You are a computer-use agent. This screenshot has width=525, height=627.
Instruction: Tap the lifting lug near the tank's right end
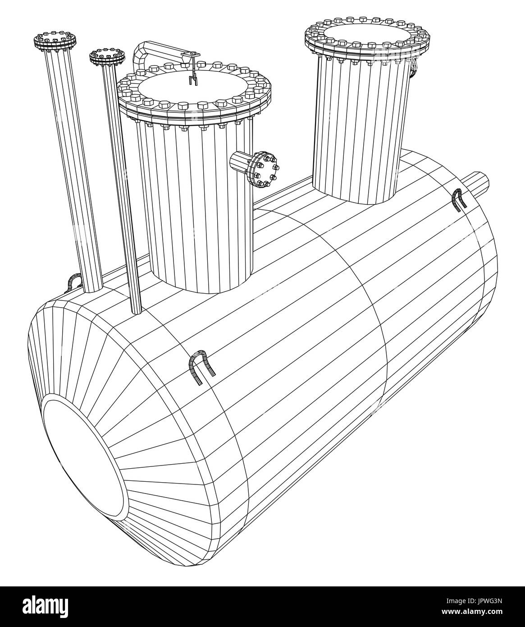coord(459,199)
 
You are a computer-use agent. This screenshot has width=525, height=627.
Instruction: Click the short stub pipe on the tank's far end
coord(478,183)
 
